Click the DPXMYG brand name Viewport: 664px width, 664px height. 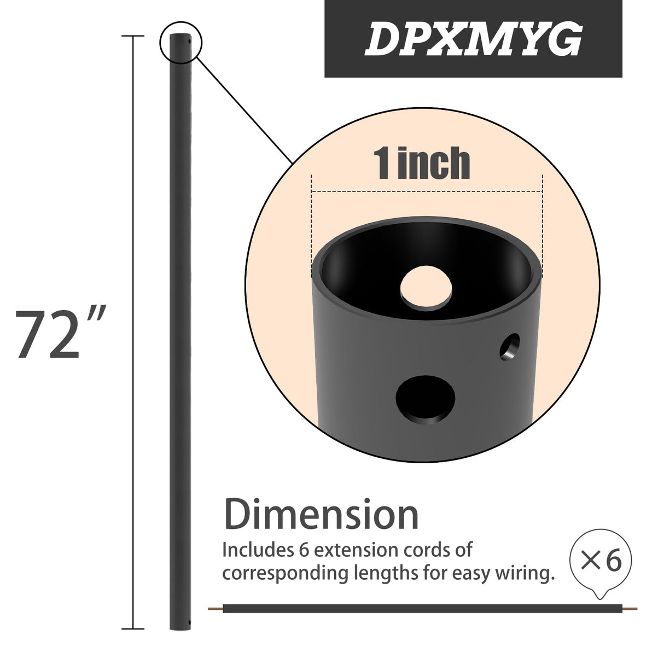[x=473, y=39]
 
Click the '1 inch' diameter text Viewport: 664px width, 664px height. [x=422, y=162]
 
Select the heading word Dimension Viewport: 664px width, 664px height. [x=322, y=515]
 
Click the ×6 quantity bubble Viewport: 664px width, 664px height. [x=600, y=562]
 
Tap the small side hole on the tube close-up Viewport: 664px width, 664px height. [x=511, y=347]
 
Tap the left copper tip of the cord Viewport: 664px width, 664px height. [x=216, y=608]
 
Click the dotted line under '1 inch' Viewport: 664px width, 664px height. [x=427, y=191]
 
